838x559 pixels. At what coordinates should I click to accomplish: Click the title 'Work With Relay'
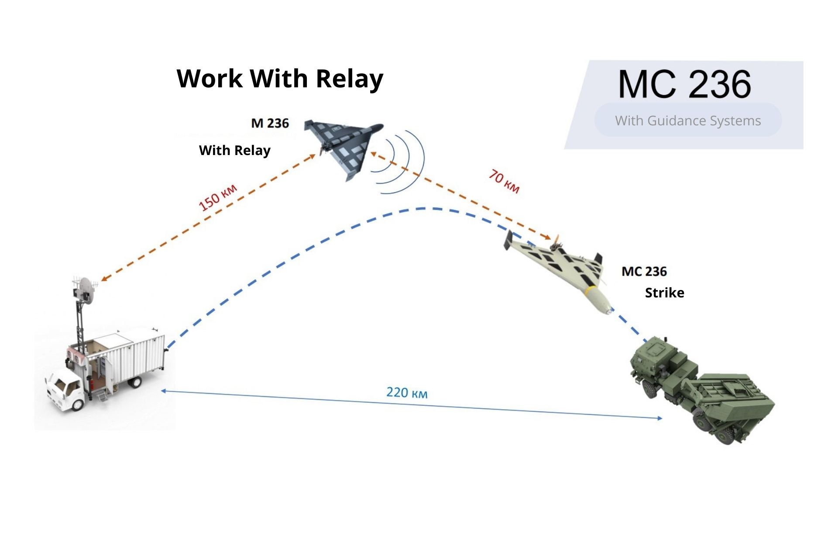pyautogui.click(x=280, y=79)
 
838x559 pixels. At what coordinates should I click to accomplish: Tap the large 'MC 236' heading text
pyautogui.click(x=684, y=84)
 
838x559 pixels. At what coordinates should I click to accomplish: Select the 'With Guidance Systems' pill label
pyautogui.click(x=688, y=121)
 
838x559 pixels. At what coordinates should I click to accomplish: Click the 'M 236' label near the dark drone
pyautogui.click(x=270, y=123)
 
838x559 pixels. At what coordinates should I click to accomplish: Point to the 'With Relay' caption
pyautogui.click(x=235, y=151)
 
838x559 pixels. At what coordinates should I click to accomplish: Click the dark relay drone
pyautogui.click(x=343, y=148)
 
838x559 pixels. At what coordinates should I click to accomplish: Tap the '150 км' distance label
pyautogui.click(x=218, y=197)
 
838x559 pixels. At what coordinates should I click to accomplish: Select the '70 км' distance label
pyautogui.click(x=504, y=181)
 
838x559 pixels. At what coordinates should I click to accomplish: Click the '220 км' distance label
pyautogui.click(x=407, y=393)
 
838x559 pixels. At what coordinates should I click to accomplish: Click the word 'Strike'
pyautogui.click(x=664, y=293)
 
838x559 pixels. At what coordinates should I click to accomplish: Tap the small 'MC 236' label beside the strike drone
pyautogui.click(x=644, y=271)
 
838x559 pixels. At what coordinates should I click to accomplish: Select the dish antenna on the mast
pyautogui.click(x=88, y=290)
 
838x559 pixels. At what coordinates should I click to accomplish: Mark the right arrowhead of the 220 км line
pyautogui.click(x=659, y=418)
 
